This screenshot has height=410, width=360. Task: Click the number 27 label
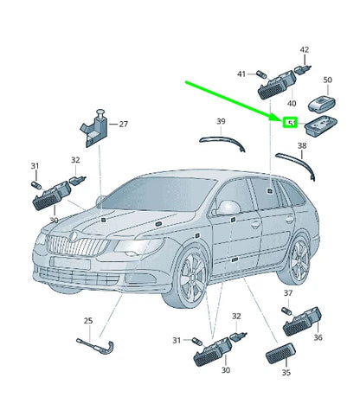(x=123, y=125)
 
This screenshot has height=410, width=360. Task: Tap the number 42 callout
(x=304, y=50)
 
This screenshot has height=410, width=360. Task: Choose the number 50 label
(x=326, y=80)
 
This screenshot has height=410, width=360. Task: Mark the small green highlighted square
(x=291, y=123)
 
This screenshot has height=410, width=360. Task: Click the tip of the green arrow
(x=284, y=119)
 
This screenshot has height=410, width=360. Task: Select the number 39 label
(x=221, y=121)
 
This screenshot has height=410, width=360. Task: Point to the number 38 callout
(x=301, y=146)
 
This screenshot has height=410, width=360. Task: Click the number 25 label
(x=87, y=321)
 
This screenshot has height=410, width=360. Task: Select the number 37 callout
(x=288, y=293)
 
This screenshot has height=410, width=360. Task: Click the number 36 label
(x=318, y=337)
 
